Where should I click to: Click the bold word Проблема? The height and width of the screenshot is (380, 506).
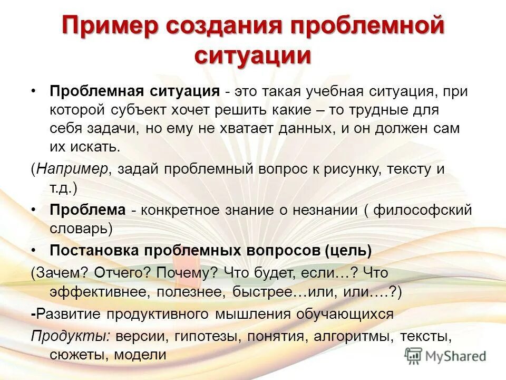point(87,210)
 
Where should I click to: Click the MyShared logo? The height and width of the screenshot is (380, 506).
point(445,355)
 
